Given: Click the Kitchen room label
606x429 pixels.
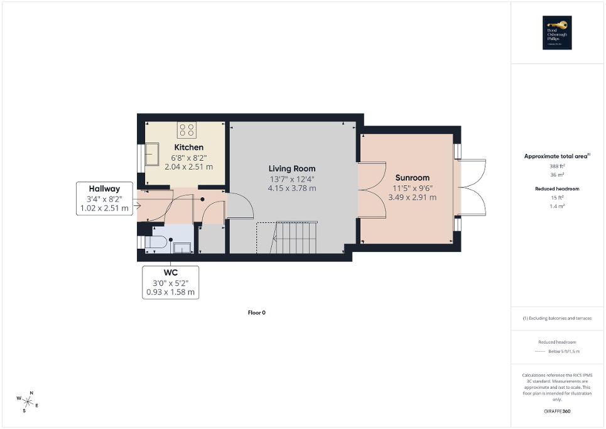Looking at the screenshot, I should pos(188,147).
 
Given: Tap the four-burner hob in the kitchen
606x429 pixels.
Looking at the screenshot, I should pos(187,130).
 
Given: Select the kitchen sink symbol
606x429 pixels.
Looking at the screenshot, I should pos(152,154).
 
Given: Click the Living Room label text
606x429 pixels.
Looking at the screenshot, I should pos(292,168).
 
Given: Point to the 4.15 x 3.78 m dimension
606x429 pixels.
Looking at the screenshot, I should pos(292,188).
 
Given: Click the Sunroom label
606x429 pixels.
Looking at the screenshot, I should pos(412,178).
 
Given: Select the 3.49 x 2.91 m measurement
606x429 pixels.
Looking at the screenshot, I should pos(412,197).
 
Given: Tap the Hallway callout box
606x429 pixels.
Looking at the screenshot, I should pos(104,198).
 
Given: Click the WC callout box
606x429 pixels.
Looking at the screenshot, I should pos(170,282).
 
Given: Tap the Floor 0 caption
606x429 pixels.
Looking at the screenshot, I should pos(257,312).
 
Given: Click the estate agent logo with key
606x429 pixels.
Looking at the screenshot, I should pos(558,32).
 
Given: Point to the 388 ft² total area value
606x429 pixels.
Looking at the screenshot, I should pos(558,166).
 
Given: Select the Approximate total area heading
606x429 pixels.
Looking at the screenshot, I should pos(558,156).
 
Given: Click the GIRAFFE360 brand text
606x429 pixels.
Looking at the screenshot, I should pos(558,411).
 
